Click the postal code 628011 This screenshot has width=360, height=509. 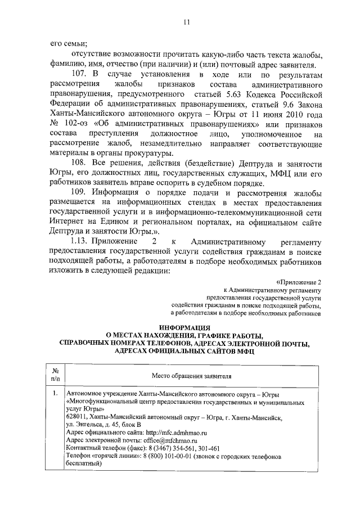tap(76, 417)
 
